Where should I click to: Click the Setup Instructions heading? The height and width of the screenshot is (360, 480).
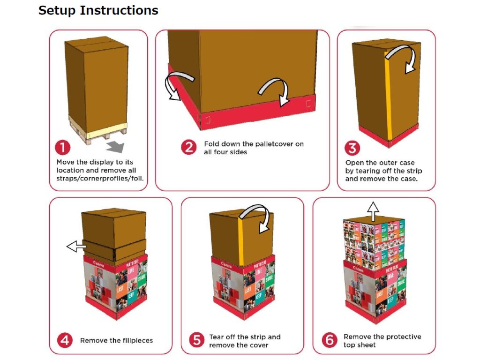[x=98, y=10]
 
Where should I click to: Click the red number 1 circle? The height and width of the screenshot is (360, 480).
[x=62, y=148]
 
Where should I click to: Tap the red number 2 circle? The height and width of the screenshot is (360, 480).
[x=188, y=147]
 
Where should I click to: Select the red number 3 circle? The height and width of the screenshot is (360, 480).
[x=352, y=149]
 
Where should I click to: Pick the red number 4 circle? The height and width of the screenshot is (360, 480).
[x=65, y=340]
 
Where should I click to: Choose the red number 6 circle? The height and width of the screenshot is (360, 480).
[x=330, y=340]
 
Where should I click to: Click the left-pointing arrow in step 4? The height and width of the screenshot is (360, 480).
[x=76, y=246]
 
